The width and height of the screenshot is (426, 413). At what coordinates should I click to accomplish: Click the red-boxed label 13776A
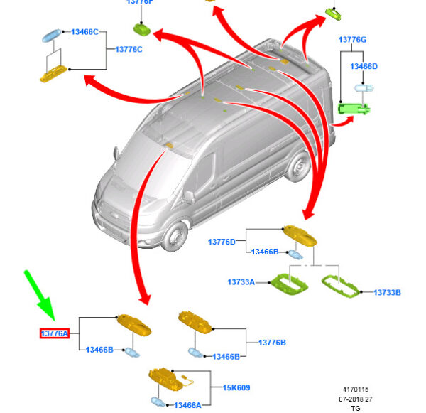(54, 333)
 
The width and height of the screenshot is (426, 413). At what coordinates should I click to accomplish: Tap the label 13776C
(129, 49)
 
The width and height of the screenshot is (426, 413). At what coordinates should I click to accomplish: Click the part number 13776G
(353, 40)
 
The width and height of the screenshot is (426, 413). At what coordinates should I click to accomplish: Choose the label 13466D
(364, 66)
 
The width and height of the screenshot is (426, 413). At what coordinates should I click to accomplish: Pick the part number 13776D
(222, 242)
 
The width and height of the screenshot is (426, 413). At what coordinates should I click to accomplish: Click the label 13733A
(241, 282)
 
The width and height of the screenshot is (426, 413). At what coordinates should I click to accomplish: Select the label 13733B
(388, 291)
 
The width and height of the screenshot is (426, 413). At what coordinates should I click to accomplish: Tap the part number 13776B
(272, 343)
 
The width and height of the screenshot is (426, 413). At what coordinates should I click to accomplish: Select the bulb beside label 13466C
(52, 33)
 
